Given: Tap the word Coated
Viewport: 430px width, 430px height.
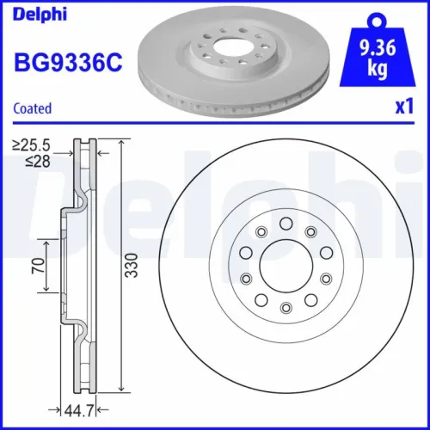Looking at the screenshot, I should coord(33,108).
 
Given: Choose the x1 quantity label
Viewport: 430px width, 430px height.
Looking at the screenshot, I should coord(400,107).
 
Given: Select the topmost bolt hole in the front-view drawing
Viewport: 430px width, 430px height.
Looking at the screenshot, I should coord(286,223).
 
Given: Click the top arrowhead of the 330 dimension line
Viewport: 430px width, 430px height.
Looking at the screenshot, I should coord(120,143).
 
